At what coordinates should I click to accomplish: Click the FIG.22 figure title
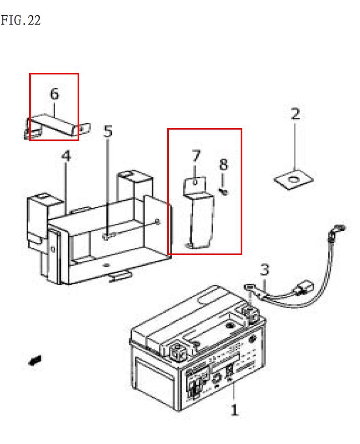click(x=21, y=21)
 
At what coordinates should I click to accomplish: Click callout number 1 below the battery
click(x=234, y=410)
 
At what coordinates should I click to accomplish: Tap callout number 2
click(x=295, y=114)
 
